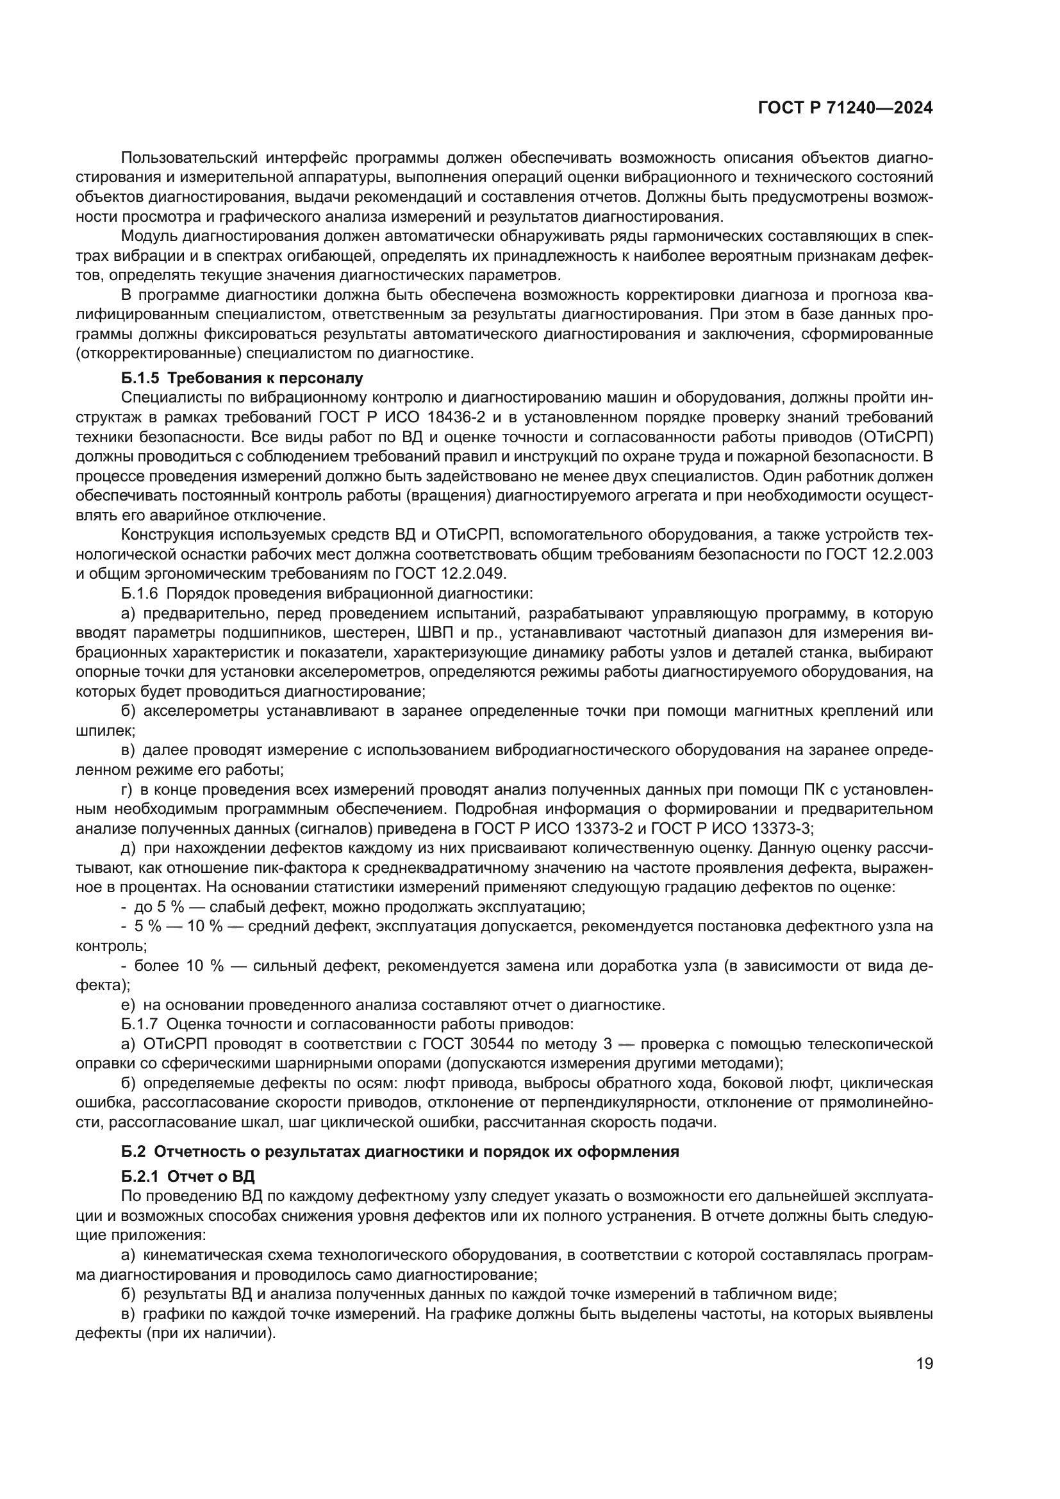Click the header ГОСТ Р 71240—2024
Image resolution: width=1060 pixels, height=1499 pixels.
pyautogui.click(x=845, y=108)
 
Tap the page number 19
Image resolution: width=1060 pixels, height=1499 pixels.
pyautogui.click(x=924, y=1382)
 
